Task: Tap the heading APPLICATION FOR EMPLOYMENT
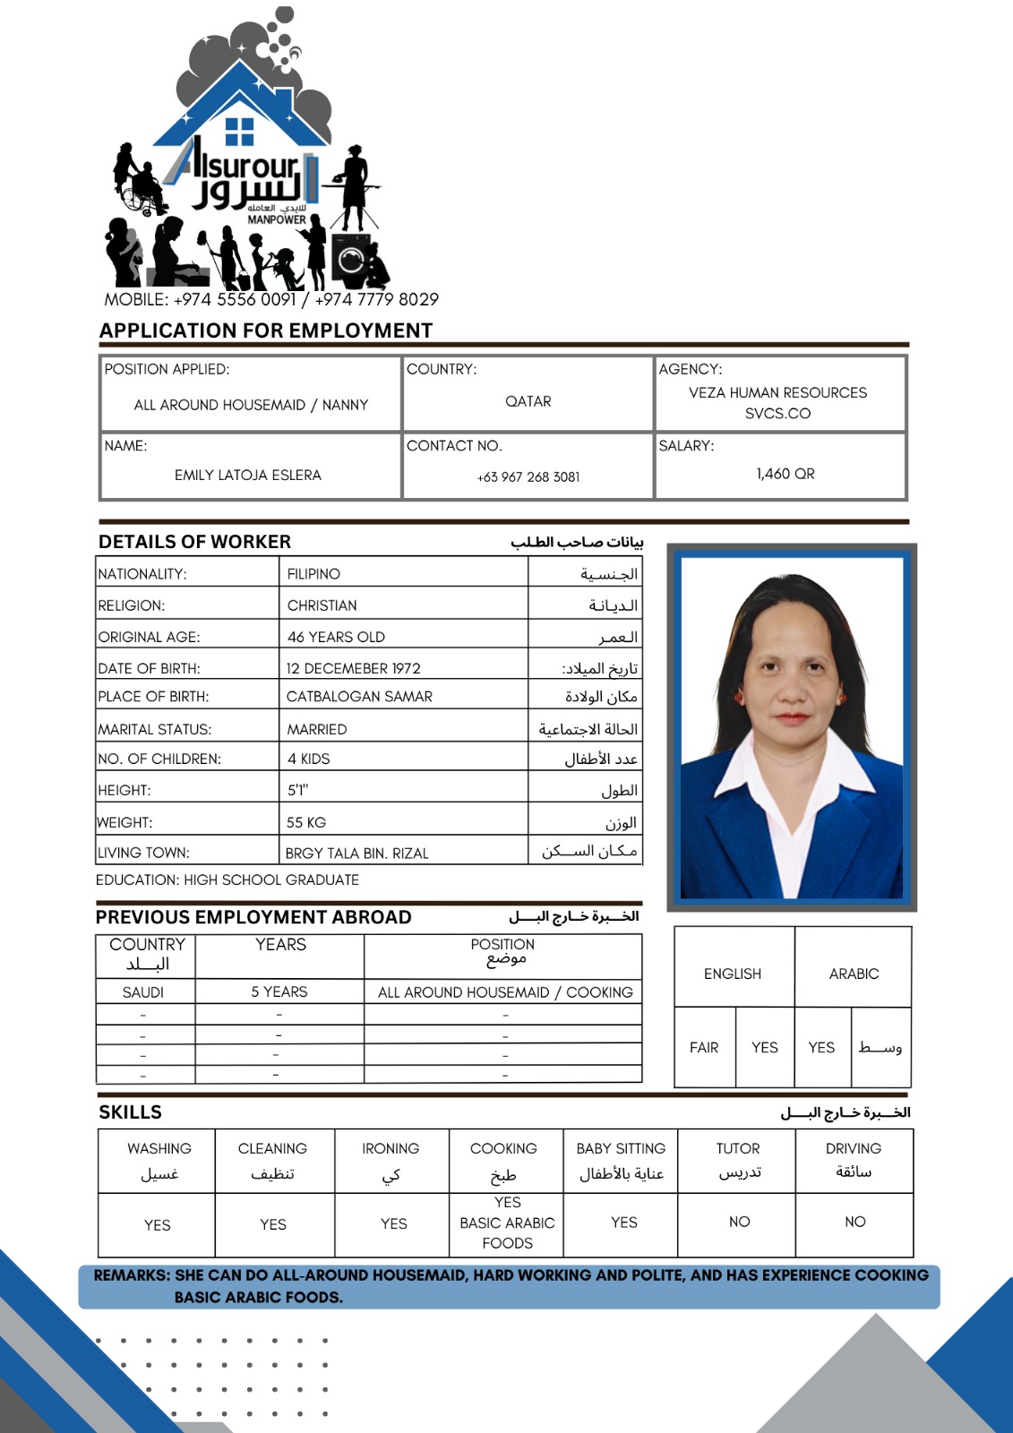(266, 330)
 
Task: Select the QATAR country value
(528, 401)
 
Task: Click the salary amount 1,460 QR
(786, 474)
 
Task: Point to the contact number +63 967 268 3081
(528, 477)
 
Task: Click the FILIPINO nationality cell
(313, 574)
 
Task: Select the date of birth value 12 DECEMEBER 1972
(353, 668)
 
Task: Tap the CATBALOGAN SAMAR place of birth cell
(359, 697)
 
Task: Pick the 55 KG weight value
(306, 822)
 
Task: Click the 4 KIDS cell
(308, 759)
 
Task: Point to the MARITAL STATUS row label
(155, 730)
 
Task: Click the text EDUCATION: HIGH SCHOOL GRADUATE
(227, 880)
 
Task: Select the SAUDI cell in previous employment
(143, 992)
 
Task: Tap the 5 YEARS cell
(279, 992)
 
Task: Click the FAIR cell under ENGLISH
(704, 1048)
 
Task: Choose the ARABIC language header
(854, 974)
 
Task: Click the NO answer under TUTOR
(739, 1222)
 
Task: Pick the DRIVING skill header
(854, 1148)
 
